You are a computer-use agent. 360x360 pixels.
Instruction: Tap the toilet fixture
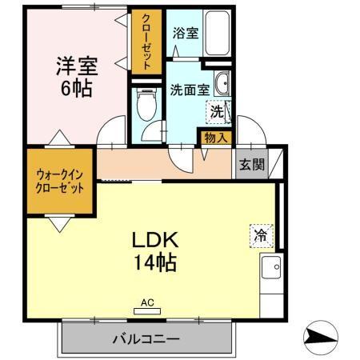click(146, 104)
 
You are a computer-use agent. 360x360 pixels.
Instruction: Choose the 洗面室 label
click(190, 90)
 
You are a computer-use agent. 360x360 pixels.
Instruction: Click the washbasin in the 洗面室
click(223, 83)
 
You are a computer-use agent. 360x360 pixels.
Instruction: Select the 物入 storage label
click(215, 138)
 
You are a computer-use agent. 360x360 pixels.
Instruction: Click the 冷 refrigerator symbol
click(260, 235)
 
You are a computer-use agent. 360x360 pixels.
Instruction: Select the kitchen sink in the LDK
click(270, 269)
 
